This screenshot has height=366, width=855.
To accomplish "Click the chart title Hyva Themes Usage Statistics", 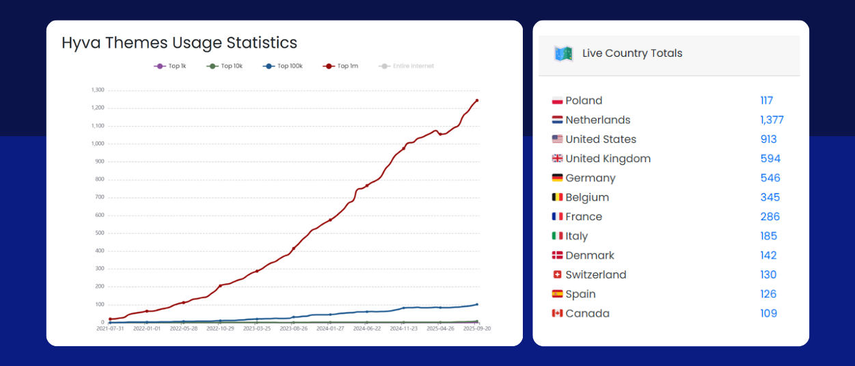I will [x=179, y=42].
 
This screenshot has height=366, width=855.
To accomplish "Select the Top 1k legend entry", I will [x=170, y=66].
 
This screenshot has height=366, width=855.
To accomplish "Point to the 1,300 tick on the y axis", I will [x=98, y=90].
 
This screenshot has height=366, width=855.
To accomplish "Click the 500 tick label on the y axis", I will [x=100, y=233].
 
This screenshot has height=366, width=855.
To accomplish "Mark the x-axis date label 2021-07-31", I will [x=110, y=328].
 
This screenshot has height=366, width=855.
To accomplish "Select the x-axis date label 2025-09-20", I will [x=477, y=328].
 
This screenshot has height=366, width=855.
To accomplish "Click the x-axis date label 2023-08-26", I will [x=294, y=328].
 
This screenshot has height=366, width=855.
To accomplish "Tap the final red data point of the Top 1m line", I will [x=477, y=101].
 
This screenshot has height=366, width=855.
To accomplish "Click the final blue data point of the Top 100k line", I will [x=477, y=304].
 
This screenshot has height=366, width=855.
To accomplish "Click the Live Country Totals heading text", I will [x=632, y=53].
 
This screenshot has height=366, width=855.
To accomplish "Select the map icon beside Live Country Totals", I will [x=563, y=53].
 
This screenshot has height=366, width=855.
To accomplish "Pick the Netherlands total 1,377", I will [x=772, y=120].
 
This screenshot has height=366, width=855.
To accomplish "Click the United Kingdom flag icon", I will [x=557, y=159].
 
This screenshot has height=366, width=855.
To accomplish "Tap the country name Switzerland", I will [x=596, y=275].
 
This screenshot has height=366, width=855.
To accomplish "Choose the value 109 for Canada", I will [x=768, y=313].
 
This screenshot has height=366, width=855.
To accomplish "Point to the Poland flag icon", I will [x=557, y=101].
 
